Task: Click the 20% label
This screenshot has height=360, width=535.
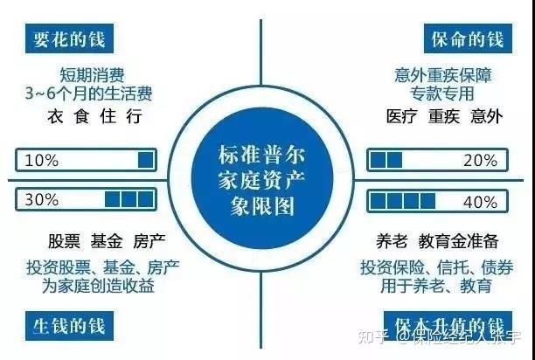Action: click(x=480, y=161)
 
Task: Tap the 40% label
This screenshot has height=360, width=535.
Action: click(x=480, y=200)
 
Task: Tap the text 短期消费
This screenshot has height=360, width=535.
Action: click(x=87, y=73)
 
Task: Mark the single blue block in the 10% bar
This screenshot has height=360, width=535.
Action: click(x=146, y=161)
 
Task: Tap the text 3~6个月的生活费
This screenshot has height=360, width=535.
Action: click(x=87, y=92)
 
